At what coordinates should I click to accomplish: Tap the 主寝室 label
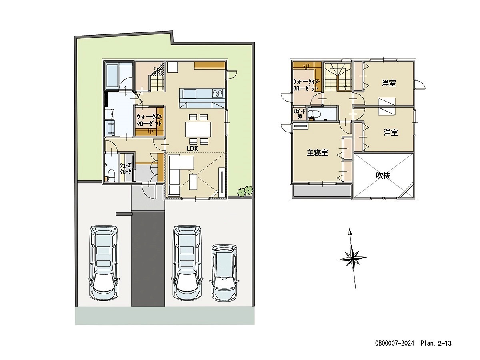[318, 152]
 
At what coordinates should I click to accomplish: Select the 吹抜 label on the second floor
[383, 175]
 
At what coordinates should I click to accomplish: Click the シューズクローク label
[125, 168]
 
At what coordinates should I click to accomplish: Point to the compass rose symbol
[352, 258]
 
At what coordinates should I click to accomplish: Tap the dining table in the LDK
[198, 129]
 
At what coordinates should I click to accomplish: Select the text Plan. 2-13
[436, 343]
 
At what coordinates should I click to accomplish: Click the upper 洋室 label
[388, 83]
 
